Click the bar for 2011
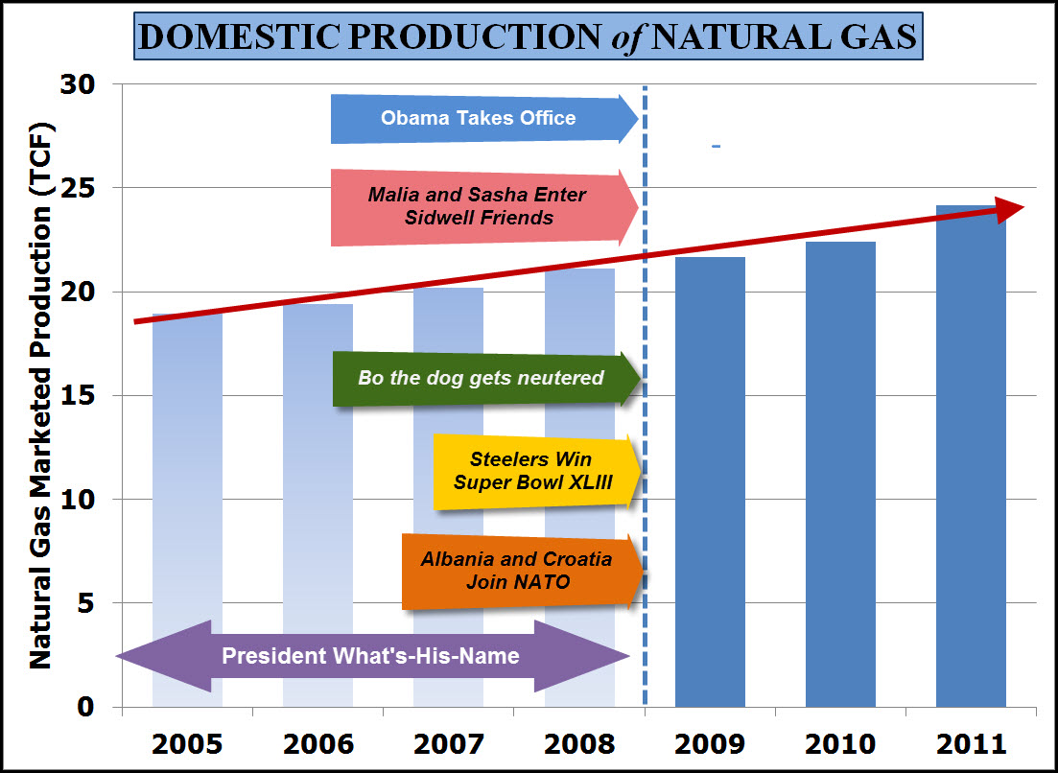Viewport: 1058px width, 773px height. point(971,460)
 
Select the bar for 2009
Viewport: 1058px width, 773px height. point(710,480)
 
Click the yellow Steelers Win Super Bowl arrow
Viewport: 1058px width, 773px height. point(532,471)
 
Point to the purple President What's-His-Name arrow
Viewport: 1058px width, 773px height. point(371,657)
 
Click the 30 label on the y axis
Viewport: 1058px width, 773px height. point(81,85)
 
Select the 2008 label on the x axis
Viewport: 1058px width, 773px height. point(579,744)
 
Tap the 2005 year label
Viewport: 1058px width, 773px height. point(187,744)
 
